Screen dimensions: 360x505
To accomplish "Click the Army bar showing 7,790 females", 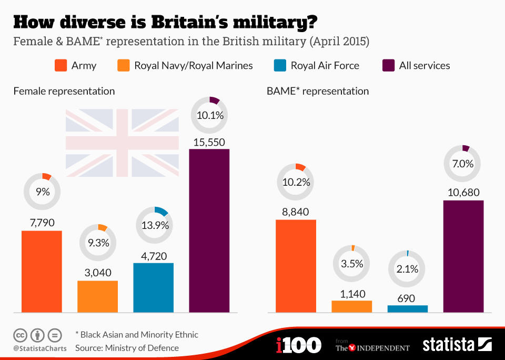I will tap(42, 271).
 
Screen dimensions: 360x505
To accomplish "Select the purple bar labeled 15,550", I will tap(209, 231).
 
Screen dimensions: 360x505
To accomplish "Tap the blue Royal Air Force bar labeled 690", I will tap(407, 309).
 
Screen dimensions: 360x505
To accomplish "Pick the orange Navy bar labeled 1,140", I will tap(351, 306).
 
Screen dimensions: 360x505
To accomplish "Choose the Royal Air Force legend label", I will tap(325, 66).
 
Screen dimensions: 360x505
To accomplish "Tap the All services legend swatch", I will tap(388, 66).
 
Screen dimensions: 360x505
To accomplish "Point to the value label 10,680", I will tap(463, 192).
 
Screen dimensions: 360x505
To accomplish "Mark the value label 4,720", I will tap(154, 255).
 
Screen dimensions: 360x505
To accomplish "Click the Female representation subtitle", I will tap(64, 91).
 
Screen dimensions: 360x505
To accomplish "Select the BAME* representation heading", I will tap(317, 91).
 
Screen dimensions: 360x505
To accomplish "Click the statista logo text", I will tap(448, 345).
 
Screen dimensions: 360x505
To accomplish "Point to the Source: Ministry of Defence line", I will tap(127, 348).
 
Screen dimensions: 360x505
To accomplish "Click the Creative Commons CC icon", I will tap(20, 335).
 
